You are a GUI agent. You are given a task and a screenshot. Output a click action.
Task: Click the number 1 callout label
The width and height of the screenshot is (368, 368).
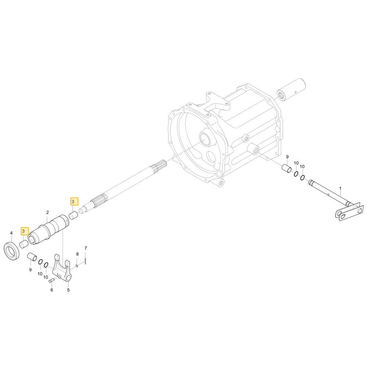click(x=340, y=188)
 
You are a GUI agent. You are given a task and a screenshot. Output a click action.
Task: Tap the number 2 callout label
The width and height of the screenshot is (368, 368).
click(x=47, y=212)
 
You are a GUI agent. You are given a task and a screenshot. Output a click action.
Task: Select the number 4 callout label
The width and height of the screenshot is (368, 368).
click(x=11, y=233)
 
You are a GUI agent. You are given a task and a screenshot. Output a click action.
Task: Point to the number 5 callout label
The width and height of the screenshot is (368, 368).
click(x=68, y=290)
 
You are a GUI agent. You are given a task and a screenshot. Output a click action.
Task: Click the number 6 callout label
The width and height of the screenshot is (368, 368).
click(x=52, y=290)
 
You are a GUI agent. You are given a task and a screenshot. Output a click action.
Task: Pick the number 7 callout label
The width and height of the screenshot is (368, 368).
click(x=86, y=248)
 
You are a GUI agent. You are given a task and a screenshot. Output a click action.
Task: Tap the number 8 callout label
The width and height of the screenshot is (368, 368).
click(x=77, y=254)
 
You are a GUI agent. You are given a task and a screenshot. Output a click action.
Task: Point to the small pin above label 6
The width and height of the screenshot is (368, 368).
click(x=52, y=280)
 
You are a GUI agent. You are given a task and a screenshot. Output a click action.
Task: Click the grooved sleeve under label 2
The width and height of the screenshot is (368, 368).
click(x=49, y=230)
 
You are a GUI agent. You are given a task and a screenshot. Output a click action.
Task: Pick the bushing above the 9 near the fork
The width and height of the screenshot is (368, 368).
click(x=32, y=257)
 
